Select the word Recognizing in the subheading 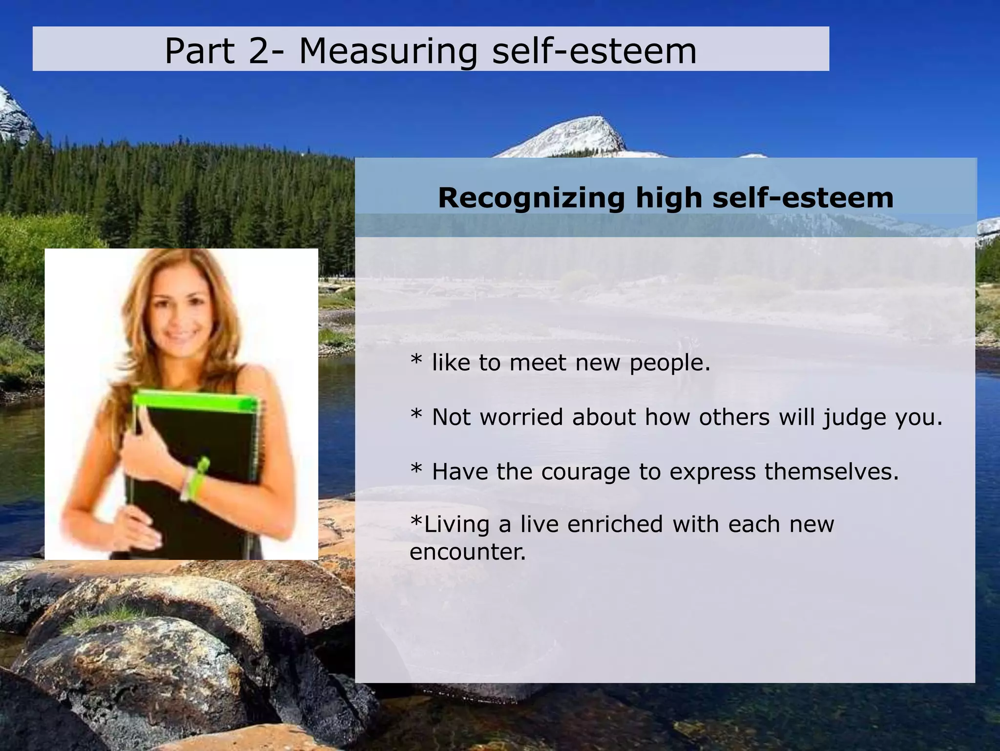(531, 198)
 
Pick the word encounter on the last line (467, 552)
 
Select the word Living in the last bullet (457, 525)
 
